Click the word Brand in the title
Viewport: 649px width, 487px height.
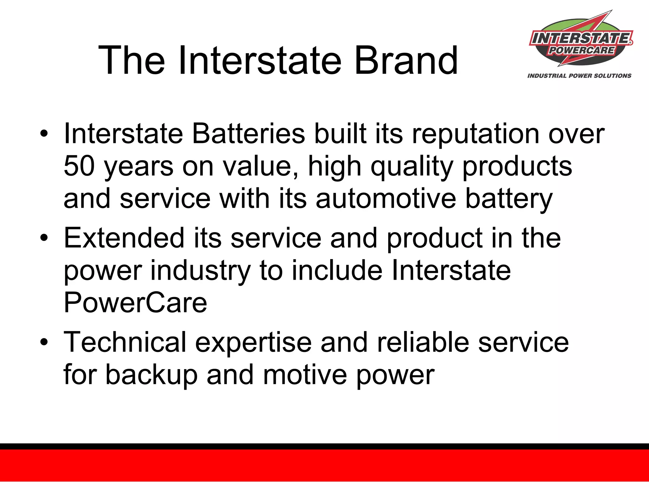(x=406, y=60)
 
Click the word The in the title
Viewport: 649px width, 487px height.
(x=132, y=60)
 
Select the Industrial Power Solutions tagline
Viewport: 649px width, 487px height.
(x=579, y=76)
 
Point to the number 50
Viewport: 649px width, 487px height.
(x=79, y=166)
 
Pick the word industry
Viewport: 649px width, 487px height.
(x=200, y=271)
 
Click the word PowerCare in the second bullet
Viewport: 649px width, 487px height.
(x=135, y=302)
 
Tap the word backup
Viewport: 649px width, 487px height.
(x=151, y=375)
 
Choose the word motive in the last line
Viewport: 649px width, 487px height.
(x=305, y=375)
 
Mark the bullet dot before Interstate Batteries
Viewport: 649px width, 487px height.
(x=44, y=133)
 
